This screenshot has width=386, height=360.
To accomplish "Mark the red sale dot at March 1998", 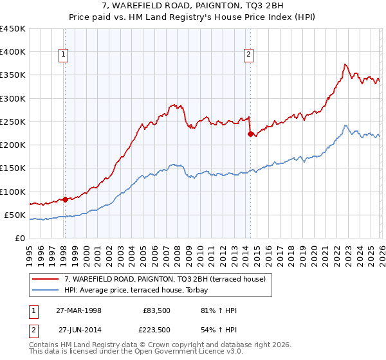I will click(65, 199).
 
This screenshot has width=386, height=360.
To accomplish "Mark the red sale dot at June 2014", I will click(250, 134).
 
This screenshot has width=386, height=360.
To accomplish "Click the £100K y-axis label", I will click(13, 192).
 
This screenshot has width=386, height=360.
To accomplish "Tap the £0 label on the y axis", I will click(19, 239).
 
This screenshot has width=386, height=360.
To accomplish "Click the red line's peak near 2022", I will click(345, 64).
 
